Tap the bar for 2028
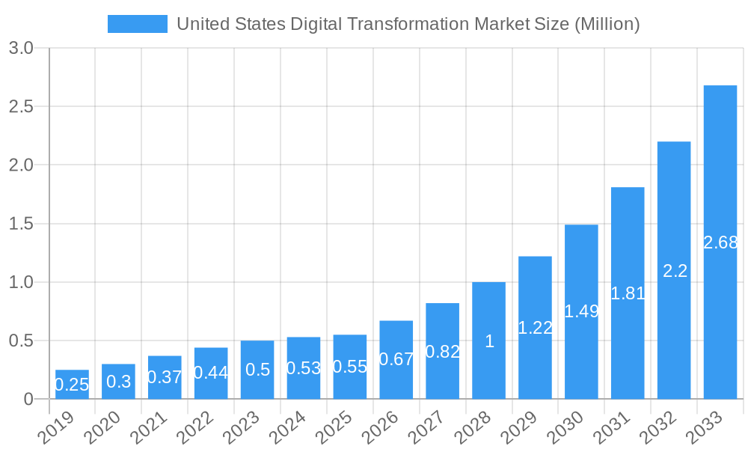pos(488,340)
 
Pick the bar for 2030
pos(581,311)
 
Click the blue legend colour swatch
pos(138,24)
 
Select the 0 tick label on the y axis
pos(28,399)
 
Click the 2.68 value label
pos(720,242)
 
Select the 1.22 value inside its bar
pos(535,328)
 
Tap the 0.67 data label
pos(396,359)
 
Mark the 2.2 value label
pos(674,271)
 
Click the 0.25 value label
pos(72,385)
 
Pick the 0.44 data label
pos(211,373)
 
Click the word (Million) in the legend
pos(606,24)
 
